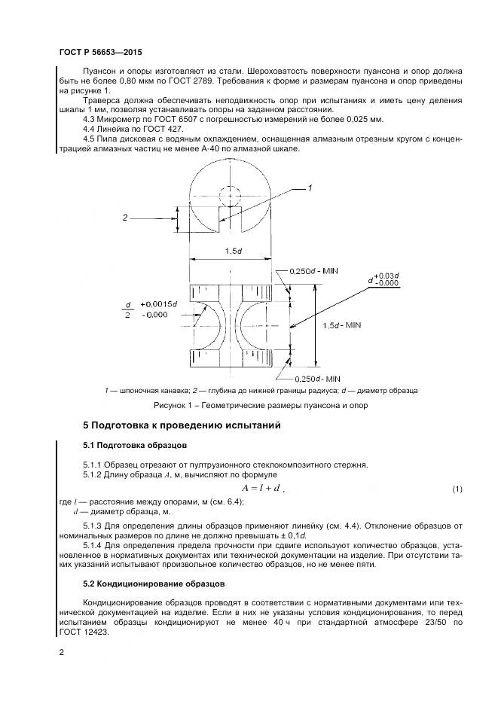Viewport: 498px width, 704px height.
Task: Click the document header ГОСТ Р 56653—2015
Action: pos(100,53)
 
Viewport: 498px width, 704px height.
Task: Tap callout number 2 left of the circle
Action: pos(125,218)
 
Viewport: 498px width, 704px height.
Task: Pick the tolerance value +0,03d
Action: pos(390,276)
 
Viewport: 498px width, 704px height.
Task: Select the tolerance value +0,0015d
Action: pos(157,303)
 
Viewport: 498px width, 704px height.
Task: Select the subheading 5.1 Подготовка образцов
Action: pos(130,445)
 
